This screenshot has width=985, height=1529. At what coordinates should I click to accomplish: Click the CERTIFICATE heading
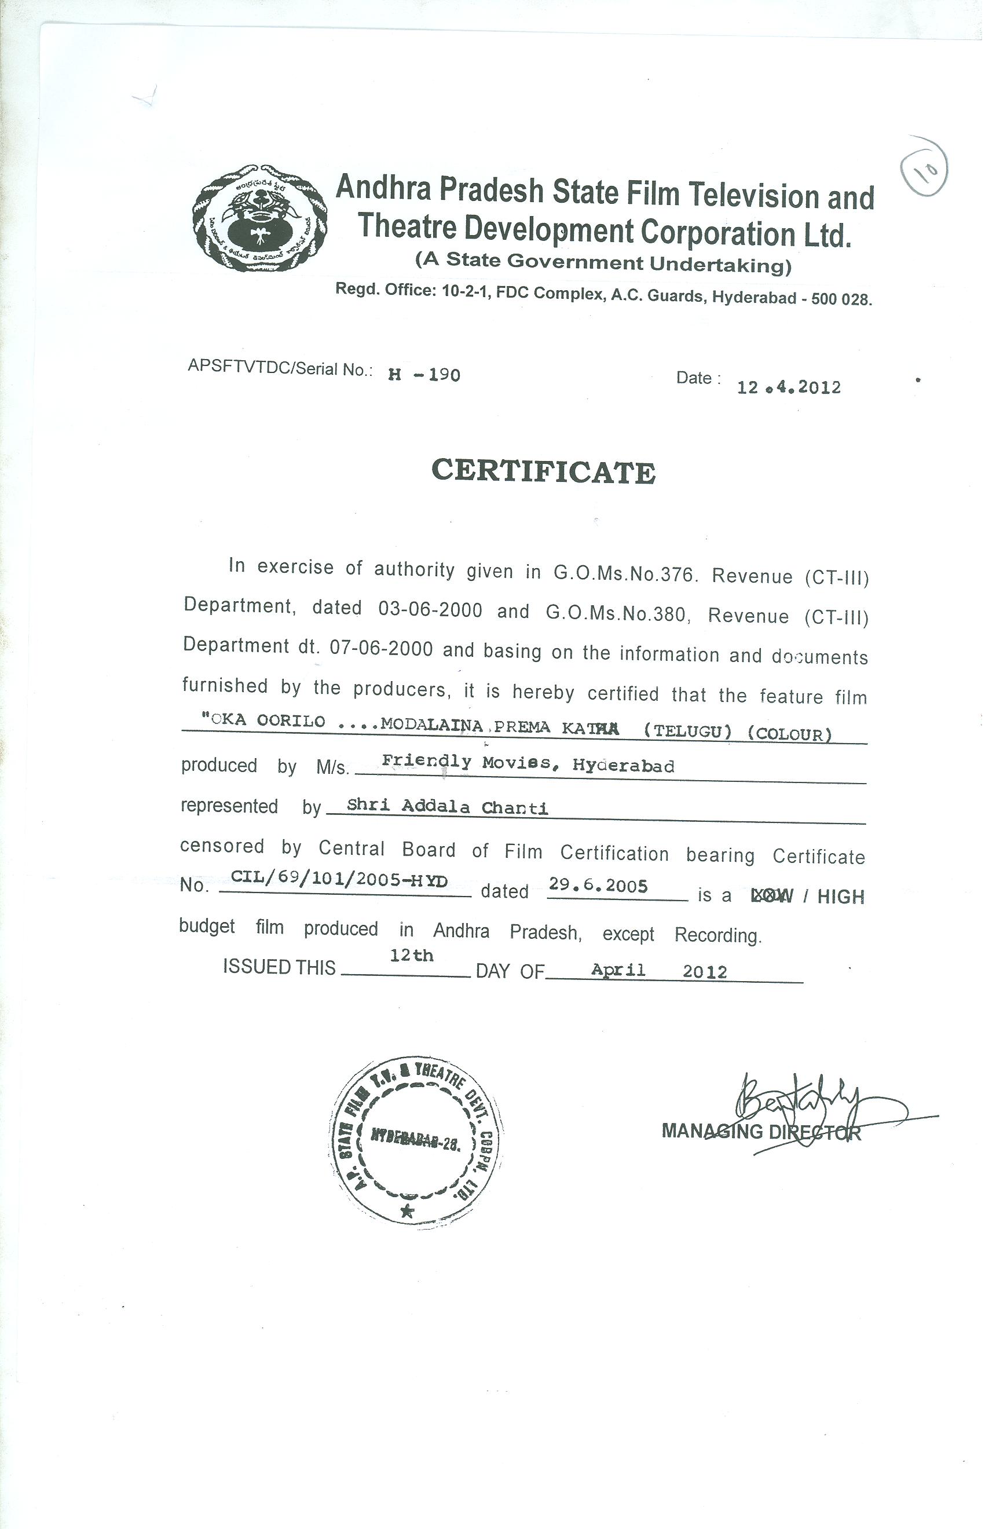pos(543,472)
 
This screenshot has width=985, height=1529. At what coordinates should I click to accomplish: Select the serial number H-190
pos(424,375)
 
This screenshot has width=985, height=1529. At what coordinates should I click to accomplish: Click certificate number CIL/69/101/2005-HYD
pos(339,880)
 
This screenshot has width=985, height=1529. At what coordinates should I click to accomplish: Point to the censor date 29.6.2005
pos(598,886)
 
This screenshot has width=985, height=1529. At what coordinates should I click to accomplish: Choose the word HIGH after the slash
pos(840,897)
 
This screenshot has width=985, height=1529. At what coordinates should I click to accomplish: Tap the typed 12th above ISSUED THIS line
pos(412,956)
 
